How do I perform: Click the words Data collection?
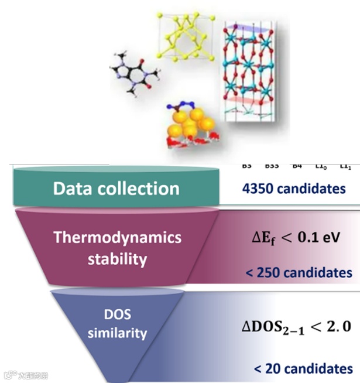point(116,189)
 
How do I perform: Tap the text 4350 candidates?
point(285,189)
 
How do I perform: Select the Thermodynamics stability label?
point(118,248)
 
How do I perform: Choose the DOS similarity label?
point(117,324)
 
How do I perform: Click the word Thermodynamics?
point(118,238)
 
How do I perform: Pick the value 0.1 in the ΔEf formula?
point(311,239)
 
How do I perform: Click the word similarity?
point(117,334)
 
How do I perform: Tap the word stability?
point(117,258)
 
